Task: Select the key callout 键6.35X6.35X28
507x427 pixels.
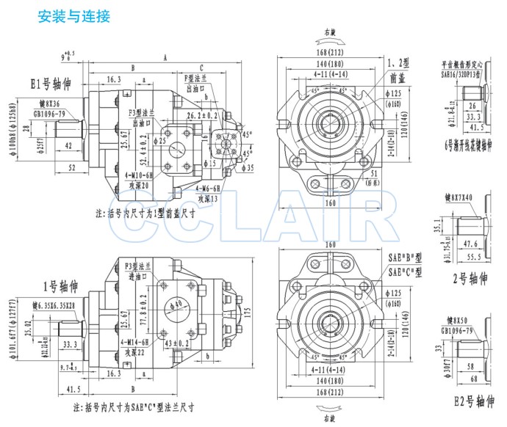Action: click(x=58, y=304)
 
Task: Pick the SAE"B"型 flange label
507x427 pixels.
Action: click(x=406, y=259)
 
